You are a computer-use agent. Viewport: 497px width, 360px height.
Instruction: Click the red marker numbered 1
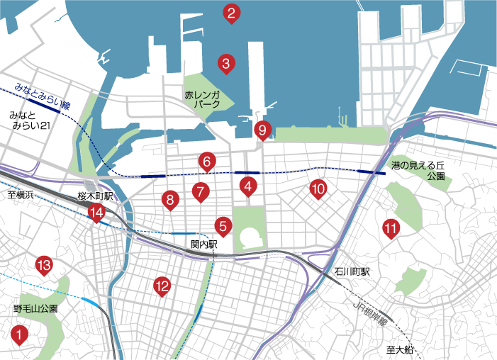click(x=20, y=332)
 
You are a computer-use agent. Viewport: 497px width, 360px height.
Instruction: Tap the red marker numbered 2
click(x=230, y=13)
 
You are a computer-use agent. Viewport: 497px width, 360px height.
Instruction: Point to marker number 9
click(x=262, y=130)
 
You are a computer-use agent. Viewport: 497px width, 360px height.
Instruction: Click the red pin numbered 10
click(x=318, y=188)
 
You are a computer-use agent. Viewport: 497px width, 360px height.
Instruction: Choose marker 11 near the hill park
click(x=390, y=228)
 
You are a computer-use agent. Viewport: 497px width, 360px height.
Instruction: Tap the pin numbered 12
click(x=162, y=286)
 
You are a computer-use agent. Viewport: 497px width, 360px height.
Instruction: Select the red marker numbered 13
click(x=44, y=266)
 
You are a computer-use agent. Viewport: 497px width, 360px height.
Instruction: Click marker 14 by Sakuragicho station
click(x=96, y=212)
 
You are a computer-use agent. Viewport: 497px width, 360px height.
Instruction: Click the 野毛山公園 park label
click(x=35, y=309)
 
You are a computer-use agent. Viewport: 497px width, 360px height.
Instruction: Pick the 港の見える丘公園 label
click(x=423, y=170)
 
